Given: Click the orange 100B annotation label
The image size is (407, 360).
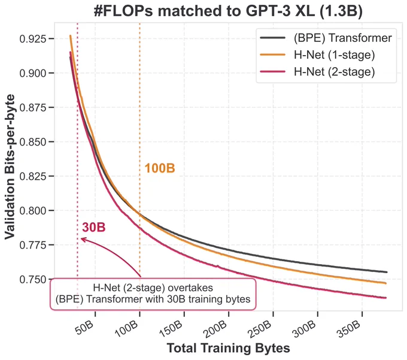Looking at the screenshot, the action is click(x=160, y=168).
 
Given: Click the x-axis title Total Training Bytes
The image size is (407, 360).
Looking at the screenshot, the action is click(x=228, y=348).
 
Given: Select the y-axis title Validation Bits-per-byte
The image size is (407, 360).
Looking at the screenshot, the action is click(x=10, y=167).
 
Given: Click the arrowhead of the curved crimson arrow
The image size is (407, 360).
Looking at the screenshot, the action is click(x=81, y=238).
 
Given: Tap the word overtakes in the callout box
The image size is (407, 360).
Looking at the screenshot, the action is click(x=190, y=288).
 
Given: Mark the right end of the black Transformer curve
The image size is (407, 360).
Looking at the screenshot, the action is click(x=387, y=272).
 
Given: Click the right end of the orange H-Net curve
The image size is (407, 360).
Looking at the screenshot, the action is click(x=386, y=283).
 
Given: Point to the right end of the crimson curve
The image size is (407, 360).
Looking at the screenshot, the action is click(x=386, y=298).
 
